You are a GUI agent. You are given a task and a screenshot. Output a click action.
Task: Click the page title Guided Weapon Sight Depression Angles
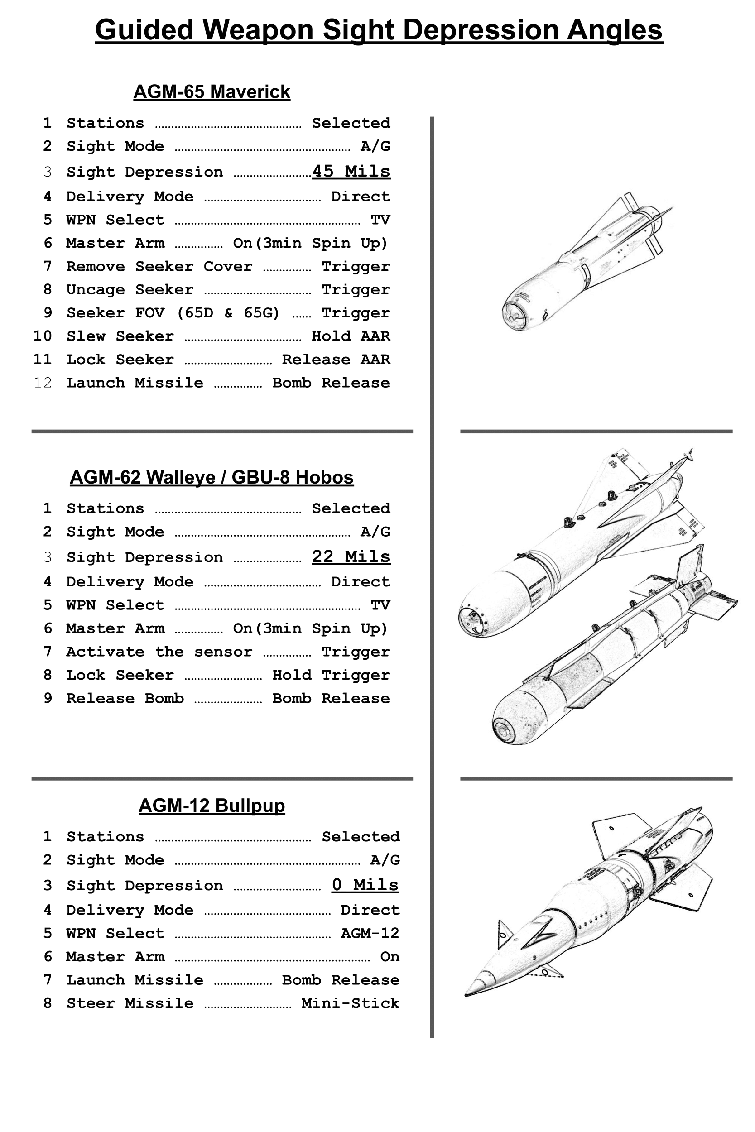click(x=379, y=30)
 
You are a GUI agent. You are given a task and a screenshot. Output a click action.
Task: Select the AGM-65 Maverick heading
click(x=212, y=91)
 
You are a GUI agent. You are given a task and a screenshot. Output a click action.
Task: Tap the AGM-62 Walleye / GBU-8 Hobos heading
click(x=212, y=477)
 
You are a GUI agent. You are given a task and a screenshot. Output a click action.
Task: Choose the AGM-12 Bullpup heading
click(x=212, y=805)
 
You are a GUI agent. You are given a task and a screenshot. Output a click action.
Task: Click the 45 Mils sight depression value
click(x=351, y=171)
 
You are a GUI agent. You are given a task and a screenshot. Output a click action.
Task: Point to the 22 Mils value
click(x=351, y=556)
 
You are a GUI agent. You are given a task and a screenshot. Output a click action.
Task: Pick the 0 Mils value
click(x=365, y=885)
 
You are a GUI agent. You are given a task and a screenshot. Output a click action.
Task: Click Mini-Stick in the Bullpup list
click(x=350, y=1003)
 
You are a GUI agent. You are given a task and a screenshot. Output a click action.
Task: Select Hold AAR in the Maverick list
click(x=351, y=336)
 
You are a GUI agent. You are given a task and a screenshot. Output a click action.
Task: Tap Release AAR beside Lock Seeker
click(x=336, y=360)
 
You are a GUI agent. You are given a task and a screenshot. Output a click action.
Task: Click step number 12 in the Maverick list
click(x=43, y=383)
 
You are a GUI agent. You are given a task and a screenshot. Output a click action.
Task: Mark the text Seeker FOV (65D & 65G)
click(x=173, y=313)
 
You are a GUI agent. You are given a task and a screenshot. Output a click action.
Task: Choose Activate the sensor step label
click(x=159, y=652)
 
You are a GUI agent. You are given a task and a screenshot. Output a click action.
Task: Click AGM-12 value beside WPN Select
click(x=370, y=933)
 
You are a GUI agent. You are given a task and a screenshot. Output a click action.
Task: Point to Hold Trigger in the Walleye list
click(x=331, y=675)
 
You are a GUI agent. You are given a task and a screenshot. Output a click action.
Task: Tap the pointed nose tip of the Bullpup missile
click(x=467, y=994)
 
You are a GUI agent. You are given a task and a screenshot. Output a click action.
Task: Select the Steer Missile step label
click(x=130, y=1003)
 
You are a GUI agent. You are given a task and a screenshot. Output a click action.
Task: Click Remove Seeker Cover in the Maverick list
click(x=159, y=266)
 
